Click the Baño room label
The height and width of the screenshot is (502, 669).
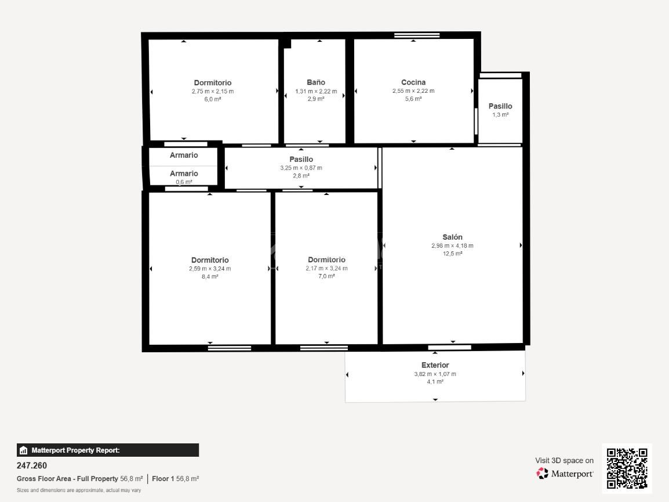316,82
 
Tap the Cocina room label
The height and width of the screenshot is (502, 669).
413,82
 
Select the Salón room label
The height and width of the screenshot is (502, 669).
452,237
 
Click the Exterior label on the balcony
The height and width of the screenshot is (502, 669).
435,365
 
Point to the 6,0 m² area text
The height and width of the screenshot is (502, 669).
213,99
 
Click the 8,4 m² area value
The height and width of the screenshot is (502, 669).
210,277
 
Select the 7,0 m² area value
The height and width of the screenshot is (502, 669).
326,276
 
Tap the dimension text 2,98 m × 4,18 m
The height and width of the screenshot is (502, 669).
452,245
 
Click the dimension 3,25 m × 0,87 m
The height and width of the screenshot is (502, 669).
301,168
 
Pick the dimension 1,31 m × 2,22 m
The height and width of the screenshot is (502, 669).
316,91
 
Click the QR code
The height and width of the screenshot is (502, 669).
627,468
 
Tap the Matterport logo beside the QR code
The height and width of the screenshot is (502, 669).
565,474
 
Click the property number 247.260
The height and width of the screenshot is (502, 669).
32,465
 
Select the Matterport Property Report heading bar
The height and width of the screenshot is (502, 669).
108,450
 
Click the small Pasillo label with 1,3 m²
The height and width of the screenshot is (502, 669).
500,106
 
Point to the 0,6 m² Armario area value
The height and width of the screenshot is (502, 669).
184,182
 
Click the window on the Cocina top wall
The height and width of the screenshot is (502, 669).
417,35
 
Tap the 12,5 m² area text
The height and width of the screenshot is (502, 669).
452,254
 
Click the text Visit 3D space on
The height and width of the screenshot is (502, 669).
564,460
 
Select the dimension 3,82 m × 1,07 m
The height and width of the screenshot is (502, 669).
435,374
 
